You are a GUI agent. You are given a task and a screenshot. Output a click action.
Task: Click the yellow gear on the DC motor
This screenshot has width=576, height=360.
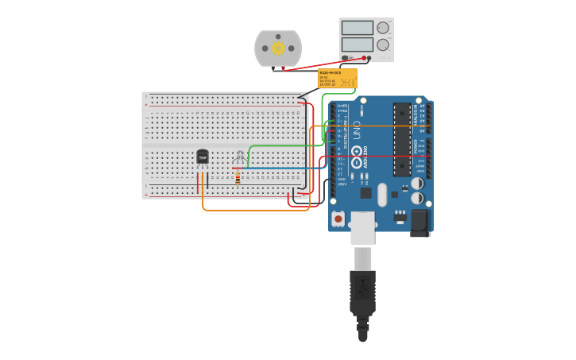(x=278, y=48)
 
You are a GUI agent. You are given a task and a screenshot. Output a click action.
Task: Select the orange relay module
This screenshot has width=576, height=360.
(x=337, y=78)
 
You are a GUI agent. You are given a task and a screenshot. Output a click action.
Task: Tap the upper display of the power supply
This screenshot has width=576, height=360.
(x=357, y=28)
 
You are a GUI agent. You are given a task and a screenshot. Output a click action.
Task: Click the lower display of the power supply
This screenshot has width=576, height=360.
(x=357, y=45)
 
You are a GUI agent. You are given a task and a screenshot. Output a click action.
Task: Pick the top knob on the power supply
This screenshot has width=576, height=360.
(x=383, y=28)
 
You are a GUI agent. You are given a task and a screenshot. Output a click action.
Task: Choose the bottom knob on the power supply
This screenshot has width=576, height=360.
(x=383, y=45)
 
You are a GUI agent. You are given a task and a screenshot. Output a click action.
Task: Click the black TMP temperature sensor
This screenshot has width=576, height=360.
(x=202, y=157)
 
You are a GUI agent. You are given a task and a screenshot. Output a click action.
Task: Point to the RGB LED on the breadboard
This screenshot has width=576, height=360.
(x=240, y=156)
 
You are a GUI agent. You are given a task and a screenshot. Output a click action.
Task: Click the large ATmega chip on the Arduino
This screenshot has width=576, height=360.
(x=402, y=139)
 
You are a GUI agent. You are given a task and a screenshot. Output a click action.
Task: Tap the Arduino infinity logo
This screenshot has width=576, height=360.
(x=357, y=150)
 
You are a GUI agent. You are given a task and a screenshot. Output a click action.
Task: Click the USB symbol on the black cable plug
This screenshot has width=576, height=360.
(x=362, y=288)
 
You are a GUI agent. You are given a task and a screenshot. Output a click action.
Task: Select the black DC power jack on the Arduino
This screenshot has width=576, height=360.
(x=420, y=222)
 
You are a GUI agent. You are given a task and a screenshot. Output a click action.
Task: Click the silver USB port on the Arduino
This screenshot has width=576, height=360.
(x=363, y=226)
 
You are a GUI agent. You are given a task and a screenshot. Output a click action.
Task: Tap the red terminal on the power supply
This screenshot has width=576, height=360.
(x=365, y=58)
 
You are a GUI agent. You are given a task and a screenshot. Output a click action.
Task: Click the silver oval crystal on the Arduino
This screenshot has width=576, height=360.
(x=382, y=194)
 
